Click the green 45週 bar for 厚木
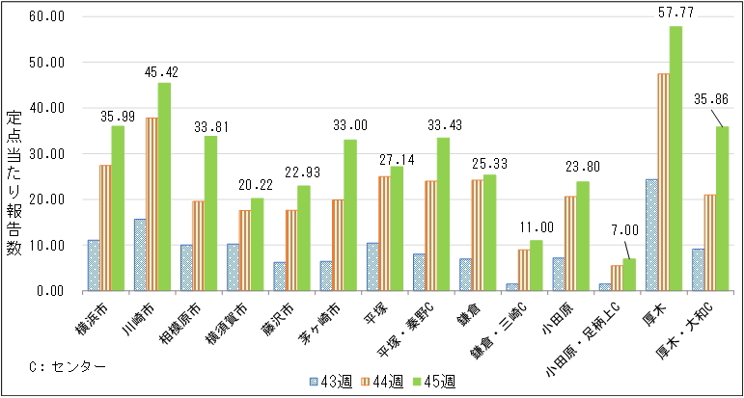point(675,159)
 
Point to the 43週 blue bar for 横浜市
point(93,265)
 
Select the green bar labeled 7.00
point(628,275)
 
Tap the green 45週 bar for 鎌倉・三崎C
point(536,265)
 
